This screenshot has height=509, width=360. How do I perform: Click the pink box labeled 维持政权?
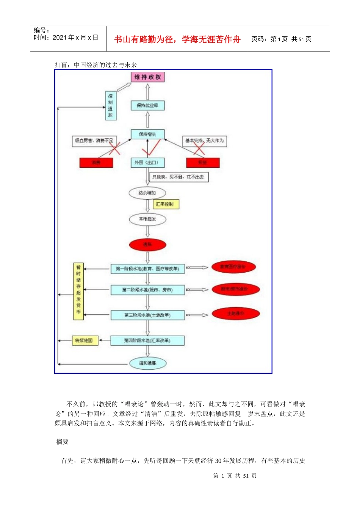[148, 77]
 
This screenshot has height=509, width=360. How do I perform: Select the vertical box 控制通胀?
[110, 106]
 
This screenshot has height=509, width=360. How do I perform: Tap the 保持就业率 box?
[148, 105]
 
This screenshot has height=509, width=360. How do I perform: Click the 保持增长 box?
[148, 134]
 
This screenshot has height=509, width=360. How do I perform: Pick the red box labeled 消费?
[96, 162]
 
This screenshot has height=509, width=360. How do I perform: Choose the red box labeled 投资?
[203, 162]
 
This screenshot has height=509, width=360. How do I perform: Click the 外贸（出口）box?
[147, 162]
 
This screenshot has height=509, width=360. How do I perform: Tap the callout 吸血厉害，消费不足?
[94, 141]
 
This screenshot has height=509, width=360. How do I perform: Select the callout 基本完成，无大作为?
[205, 141]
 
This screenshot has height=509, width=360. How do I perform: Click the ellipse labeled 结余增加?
[147, 193]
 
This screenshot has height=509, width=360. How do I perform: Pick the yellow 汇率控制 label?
[165, 204]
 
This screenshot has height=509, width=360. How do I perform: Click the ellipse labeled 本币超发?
[147, 219]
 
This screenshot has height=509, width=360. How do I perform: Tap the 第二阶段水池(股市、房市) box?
[147, 290]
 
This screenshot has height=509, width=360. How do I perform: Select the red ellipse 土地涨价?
[236, 314]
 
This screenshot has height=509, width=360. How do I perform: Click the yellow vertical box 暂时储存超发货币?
[78, 291]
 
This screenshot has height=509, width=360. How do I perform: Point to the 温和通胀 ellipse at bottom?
[147, 363]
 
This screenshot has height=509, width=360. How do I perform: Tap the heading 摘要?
[63, 442]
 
